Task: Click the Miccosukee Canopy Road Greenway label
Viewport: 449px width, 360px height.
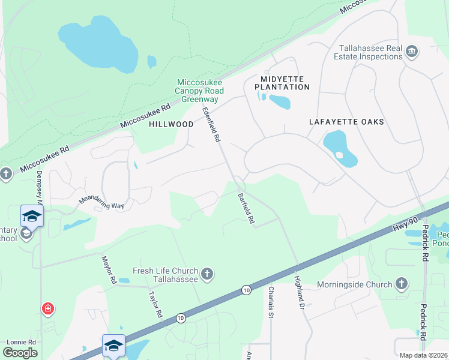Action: [199, 91]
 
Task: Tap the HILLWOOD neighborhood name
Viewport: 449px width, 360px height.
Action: [171, 124]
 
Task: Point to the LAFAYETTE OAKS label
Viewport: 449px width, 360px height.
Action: [346, 122]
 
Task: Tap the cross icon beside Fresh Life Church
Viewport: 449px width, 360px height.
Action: [207, 274]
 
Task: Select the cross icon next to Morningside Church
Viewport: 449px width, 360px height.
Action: [402, 284]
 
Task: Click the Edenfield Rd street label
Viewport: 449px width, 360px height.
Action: [211, 125]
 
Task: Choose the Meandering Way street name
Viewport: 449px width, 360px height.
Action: [101, 202]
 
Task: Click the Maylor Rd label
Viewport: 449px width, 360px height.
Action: [108, 269]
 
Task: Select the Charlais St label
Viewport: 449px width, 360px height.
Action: [271, 301]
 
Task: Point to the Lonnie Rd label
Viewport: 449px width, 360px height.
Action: [21, 342]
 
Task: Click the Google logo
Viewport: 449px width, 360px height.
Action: [20, 352]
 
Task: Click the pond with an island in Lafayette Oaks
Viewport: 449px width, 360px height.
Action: [340, 149]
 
